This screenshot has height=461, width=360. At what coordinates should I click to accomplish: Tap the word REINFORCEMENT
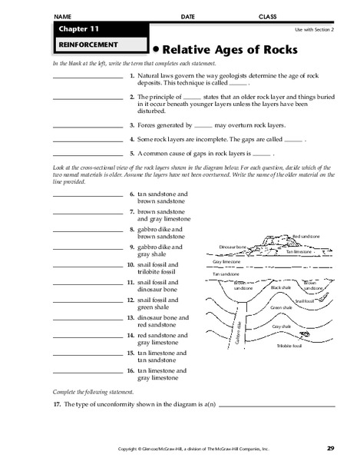click(x=74, y=45)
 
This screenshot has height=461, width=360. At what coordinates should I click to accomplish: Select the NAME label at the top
click(x=64, y=16)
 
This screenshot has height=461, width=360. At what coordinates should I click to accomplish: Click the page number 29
click(x=330, y=448)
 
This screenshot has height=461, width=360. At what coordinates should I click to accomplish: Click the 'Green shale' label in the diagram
click(x=282, y=307)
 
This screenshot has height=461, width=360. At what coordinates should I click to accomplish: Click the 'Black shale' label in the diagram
click(x=279, y=287)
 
